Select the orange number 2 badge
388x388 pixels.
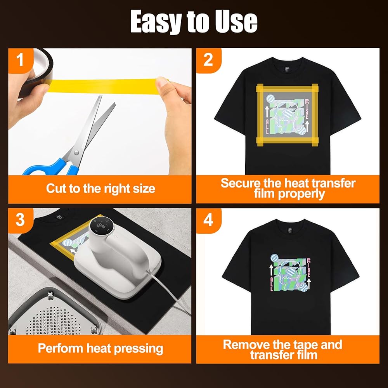pos(208,60)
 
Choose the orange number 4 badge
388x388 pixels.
pos(208,220)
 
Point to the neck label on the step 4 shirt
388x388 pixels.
pos(290,230)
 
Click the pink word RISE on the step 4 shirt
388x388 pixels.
pos(308,268)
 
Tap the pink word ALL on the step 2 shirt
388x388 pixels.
pos(267,126)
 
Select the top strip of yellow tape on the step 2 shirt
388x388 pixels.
pos(287,88)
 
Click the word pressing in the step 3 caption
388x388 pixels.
pos(139,349)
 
